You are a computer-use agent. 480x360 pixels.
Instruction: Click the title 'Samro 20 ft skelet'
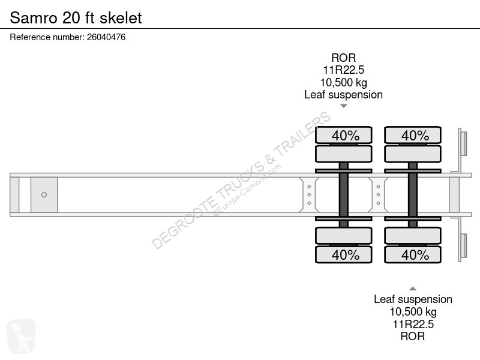click(x=76, y=18)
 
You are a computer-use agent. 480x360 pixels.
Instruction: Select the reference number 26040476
click(x=106, y=37)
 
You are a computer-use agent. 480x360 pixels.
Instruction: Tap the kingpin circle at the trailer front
click(x=44, y=194)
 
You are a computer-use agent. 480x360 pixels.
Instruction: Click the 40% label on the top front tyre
click(x=346, y=136)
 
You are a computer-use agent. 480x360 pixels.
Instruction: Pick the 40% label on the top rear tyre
click(x=415, y=136)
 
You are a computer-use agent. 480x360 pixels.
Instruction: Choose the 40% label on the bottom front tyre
click(x=346, y=254)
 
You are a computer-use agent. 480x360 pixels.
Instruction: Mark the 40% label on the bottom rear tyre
click(x=415, y=254)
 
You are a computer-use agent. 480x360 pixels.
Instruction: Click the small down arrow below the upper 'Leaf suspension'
click(x=343, y=106)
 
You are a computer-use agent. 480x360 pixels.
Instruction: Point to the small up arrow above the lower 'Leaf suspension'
click(x=413, y=289)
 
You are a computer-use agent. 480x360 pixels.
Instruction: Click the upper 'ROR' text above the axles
click(x=343, y=58)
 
